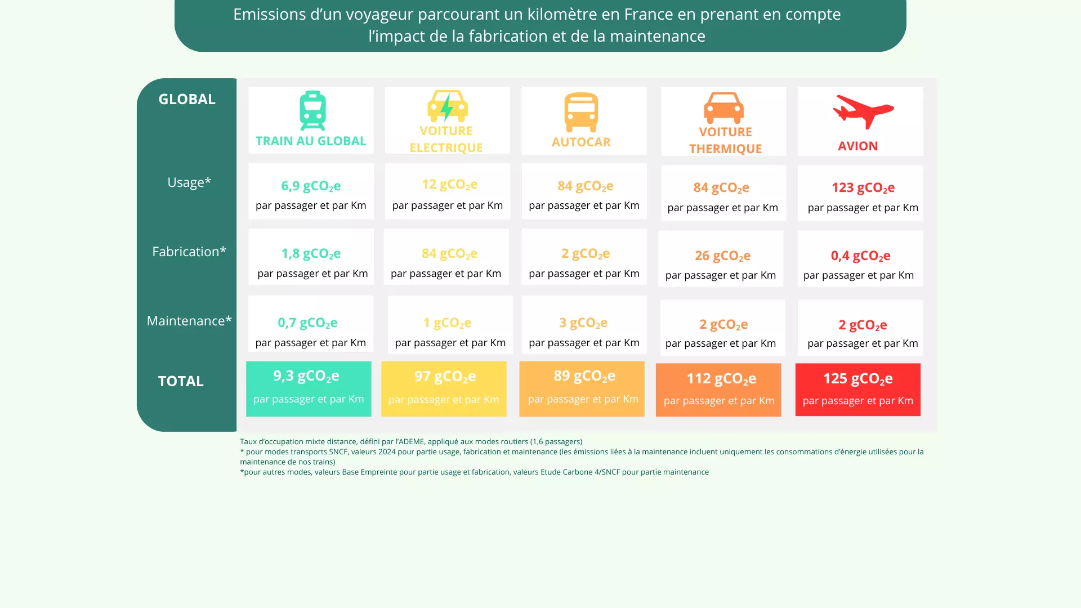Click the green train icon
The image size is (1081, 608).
tap(312, 111)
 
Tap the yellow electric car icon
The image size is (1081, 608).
tap(447, 106)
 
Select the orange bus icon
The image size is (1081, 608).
tap(581, 112)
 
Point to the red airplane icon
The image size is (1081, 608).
tap(863, 111)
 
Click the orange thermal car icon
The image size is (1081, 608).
tap(723, 108)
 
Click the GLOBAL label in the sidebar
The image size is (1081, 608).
tap(187, 99)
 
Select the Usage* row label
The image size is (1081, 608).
tap(189, 182)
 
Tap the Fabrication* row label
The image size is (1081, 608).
tap(189, 252)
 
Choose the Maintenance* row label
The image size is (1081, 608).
tap(189, 321)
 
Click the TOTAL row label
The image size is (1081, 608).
tap(181, 381)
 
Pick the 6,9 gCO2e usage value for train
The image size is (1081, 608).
tap(311, 186)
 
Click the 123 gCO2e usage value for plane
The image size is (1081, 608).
tap(863, 187)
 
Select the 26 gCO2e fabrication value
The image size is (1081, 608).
tap(722, 256)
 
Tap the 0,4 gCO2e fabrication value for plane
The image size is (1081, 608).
tap(860, 256)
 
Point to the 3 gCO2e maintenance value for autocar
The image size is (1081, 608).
tap(583, 323)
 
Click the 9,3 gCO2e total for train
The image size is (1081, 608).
tap(306, 376)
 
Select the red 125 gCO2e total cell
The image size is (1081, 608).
tap(857, 389)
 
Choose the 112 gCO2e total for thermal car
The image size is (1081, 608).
tap(721, 379)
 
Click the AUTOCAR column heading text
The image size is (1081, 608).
tap(581, 142)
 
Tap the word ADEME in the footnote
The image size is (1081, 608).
tap(411, 442)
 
